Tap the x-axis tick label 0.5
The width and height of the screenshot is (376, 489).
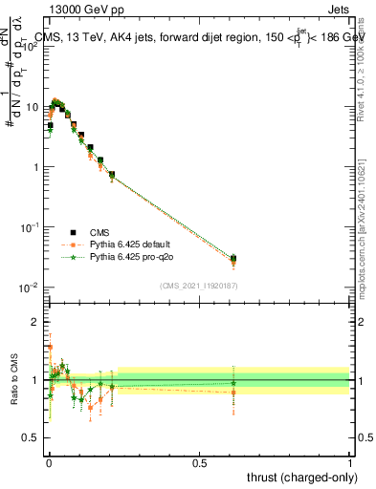(199, 461)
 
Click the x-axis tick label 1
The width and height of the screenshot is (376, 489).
(350, 461)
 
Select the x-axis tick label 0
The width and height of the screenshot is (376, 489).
(48, 461)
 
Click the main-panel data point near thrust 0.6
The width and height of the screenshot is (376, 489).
(233, 259)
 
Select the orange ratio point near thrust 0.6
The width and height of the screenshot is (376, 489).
(233, 393)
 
